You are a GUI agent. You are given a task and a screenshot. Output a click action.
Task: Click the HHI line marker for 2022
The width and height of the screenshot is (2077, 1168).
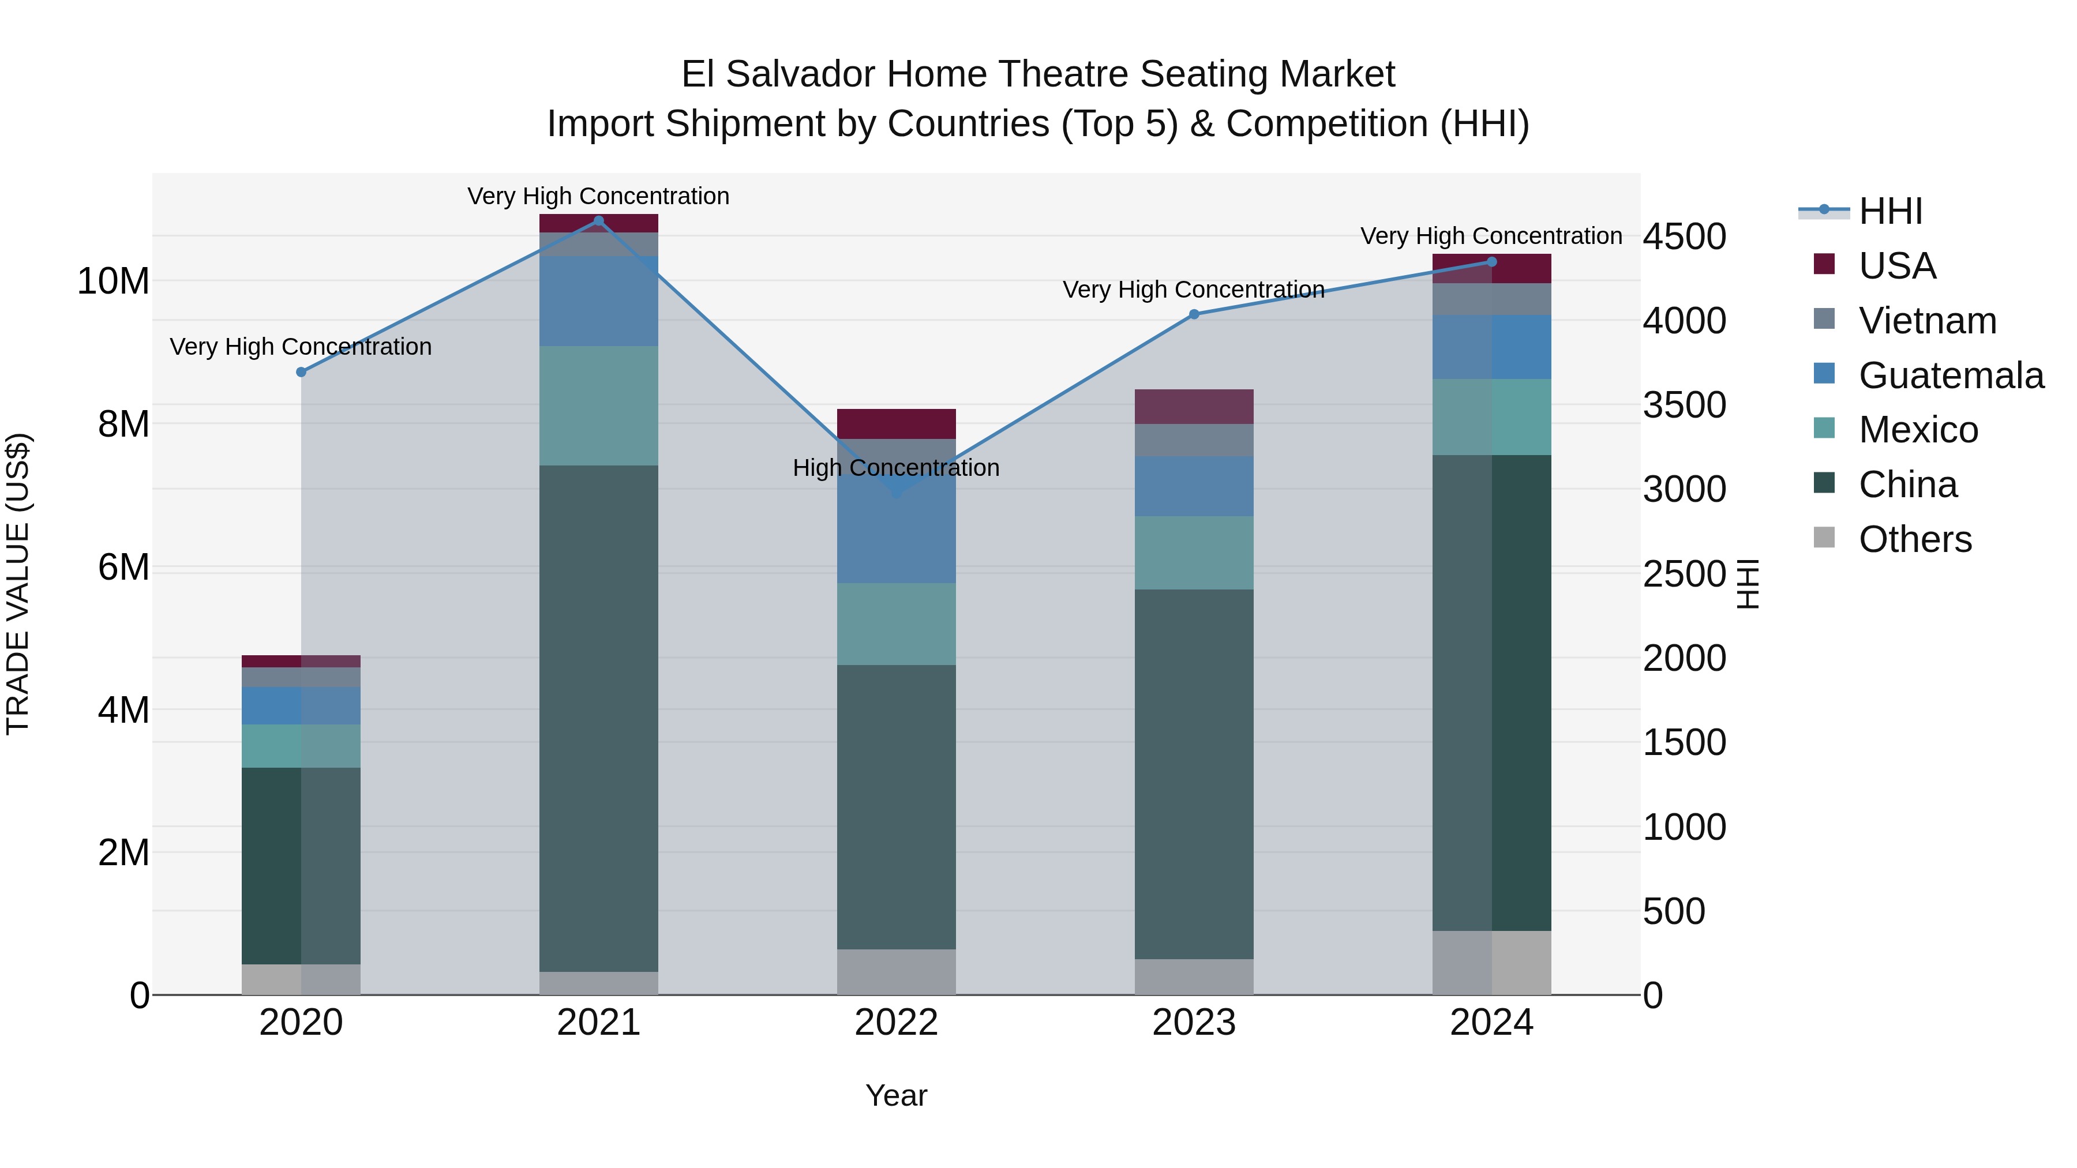pyautogui.click(x=896, y=491)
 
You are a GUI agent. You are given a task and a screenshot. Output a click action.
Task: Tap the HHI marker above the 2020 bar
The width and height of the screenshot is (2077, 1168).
pyautogui.click(x=301, y=373)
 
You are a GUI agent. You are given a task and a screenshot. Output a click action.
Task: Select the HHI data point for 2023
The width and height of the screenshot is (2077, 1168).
pyautogui.click(x=1194, y=314)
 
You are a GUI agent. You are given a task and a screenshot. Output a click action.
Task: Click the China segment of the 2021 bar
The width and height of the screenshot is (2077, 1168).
pyautogui.click(x=598, y=718)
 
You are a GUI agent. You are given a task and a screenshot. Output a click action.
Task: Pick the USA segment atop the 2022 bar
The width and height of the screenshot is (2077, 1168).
pyautogui.click(x=896, y=424)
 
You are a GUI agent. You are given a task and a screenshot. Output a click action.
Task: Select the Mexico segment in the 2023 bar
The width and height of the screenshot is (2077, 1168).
pyautogui.click(x=1194, y=553)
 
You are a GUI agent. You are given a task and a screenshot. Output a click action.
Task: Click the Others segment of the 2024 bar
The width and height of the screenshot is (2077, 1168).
pyautogui.click(x=1491, y=963)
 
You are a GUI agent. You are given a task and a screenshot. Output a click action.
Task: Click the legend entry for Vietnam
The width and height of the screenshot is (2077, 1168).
pyautogui.click(x=1927, y=321)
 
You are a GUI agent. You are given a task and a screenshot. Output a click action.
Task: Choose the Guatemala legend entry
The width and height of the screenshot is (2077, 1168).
pyautogui.click(x=1951, y=375)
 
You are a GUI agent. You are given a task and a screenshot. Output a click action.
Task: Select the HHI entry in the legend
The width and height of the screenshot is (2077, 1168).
pyautogui.click(x=1890, y=211)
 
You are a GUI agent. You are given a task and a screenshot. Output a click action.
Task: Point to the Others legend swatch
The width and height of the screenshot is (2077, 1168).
pyautogui.click(x=1824, y=538)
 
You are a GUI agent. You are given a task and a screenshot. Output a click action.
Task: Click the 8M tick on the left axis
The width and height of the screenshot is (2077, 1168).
pyautogui.click(x=123, y=424)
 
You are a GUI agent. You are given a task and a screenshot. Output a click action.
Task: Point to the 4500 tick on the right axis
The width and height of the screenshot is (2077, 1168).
pyautogui.click(x=1684, y=237)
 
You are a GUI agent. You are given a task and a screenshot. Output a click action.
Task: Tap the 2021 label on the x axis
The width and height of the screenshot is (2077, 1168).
pyautogui.click(x=598, y=1023)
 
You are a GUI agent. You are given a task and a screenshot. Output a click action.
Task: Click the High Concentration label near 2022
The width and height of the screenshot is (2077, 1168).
pyautogui.click(x=896, y=468)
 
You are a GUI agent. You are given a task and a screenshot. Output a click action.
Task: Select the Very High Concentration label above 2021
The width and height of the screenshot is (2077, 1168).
pyautogui.click(x=598, y=196)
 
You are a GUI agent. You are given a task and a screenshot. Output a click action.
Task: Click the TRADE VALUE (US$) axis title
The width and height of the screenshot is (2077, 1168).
pyautogui.click(x=18, y=584)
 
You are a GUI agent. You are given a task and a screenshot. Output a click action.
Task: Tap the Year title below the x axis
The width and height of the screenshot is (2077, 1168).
pyautogui.click(x=896, y=1095)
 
